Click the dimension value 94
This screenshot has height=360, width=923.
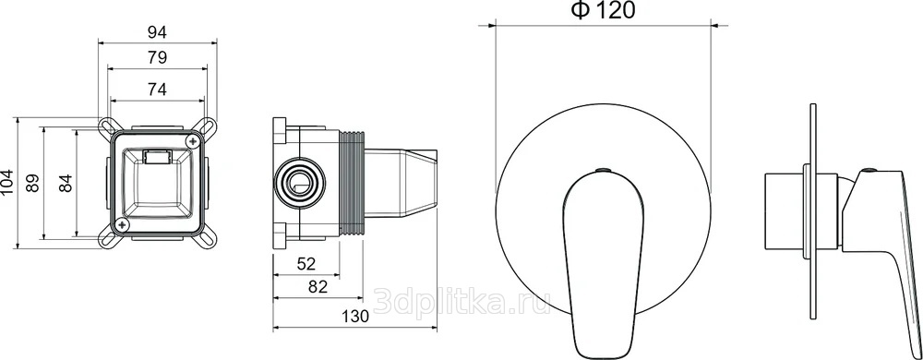157,32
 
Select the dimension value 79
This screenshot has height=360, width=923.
157,57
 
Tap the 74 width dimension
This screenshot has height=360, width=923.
157,90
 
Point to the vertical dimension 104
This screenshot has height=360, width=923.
7,184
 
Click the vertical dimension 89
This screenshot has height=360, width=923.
33,184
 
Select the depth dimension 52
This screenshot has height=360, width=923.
306,264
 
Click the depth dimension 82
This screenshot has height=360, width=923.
318,287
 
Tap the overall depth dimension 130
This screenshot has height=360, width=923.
355,317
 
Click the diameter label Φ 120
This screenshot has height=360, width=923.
604,10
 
